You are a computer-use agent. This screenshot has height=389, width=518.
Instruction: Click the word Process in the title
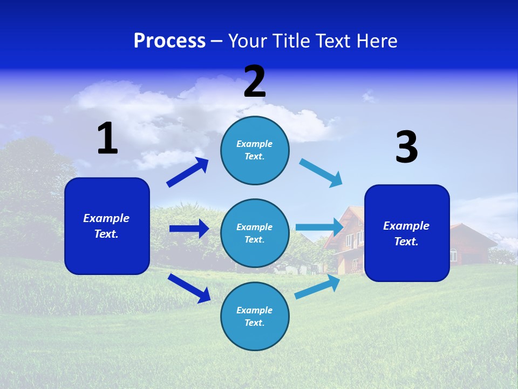(169, 41)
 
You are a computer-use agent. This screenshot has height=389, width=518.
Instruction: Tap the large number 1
(107, 139)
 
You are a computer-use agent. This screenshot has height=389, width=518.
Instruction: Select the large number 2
(255, 82)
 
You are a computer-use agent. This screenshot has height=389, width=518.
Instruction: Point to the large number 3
(406, 147)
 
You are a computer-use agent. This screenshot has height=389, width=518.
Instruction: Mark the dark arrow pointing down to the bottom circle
(189, 287)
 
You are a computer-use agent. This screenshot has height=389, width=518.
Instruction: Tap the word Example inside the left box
(106, 218)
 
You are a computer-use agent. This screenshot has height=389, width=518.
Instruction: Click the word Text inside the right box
(405, 242)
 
